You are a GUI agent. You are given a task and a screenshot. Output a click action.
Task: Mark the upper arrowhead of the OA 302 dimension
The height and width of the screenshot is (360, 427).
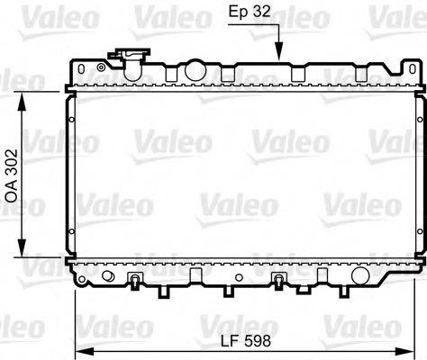(23, 94)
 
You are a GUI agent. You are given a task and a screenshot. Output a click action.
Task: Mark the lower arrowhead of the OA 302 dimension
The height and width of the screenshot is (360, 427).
(23, 253)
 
